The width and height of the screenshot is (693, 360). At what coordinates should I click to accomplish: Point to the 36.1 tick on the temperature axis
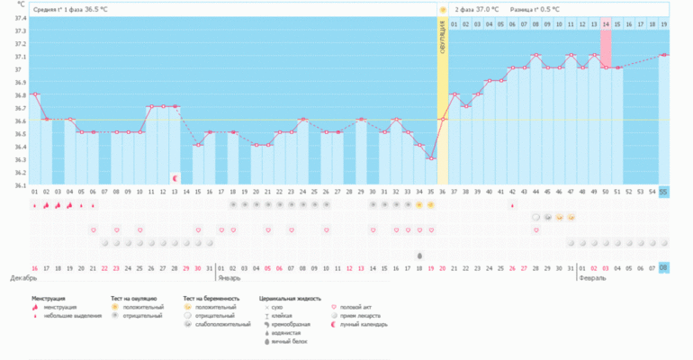[x=20, y=185]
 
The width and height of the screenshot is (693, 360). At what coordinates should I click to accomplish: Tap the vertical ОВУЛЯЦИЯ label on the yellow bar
[x=443, y=40]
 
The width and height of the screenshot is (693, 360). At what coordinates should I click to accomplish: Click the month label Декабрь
[x=23, y=278]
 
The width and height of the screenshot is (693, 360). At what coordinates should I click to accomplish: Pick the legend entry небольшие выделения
[x=67, y=317]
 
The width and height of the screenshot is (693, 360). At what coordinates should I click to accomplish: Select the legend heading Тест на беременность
[x=211, y=298]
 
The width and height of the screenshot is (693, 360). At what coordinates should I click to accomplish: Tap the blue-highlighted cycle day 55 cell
[x=663, y=192]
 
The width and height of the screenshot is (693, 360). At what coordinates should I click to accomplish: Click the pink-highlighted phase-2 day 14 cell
[x=606, y=23]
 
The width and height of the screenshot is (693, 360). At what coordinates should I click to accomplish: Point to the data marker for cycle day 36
[x=442, y=119]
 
